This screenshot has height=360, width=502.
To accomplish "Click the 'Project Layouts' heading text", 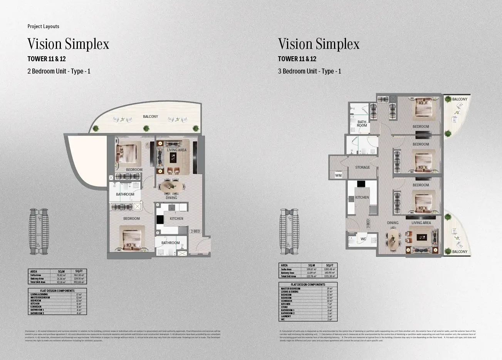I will [43, 26].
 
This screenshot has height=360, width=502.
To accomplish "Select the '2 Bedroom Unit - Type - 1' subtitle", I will [59, 71].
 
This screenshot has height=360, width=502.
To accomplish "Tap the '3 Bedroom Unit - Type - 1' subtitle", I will [309, 71].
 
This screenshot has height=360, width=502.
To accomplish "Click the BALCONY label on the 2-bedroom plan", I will [150, 116].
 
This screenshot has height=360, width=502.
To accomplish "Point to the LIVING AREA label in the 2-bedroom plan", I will [176, 150].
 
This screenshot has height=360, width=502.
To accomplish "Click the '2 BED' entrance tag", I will [195, 231].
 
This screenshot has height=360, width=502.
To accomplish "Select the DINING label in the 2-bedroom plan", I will [171, 198].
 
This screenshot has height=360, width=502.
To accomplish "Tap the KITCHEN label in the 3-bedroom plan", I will [362, 198].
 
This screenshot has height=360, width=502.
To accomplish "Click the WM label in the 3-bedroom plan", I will [338, 176].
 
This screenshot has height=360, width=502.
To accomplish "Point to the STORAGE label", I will [363, 167].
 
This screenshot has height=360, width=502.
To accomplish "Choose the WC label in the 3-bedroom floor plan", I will [363, 239].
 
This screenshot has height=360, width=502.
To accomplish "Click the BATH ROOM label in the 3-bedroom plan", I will [362, 124].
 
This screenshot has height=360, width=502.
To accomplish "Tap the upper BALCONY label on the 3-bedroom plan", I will [460, 99].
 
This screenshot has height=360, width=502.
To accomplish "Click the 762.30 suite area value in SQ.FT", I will [79, 275].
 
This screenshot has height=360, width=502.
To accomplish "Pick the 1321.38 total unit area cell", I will [330, 276].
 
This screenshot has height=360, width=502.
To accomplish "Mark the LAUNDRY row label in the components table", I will [286, 316].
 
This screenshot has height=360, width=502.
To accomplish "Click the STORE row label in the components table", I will [284, 307].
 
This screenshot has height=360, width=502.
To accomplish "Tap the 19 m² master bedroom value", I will [329, 289].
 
